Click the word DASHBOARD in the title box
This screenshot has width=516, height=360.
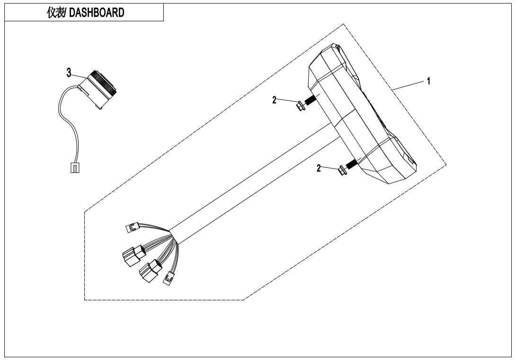[x=98, y=13]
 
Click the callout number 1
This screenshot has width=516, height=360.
[x=428, y=81]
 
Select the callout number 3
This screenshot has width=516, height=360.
[x=69, y=72]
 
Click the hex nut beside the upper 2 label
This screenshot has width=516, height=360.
[x=299, y=105]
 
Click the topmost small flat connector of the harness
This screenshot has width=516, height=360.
[x=129, y=229]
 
